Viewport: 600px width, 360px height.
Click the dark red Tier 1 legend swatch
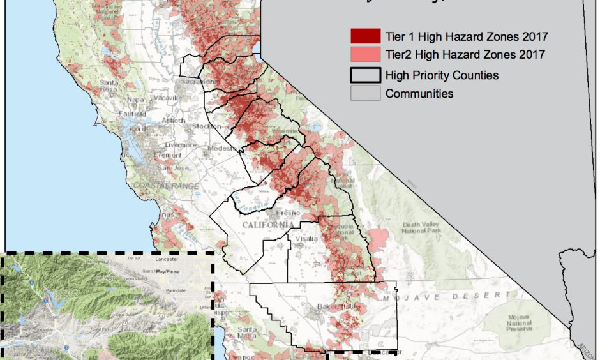(361, 36)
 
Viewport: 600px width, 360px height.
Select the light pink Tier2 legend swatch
(361, 54)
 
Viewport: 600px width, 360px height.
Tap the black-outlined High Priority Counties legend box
(361, 75)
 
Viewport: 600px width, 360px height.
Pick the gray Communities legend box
(361, 93)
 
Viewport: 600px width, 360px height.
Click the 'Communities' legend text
(419, 94)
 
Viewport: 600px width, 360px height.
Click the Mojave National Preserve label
(522, 323)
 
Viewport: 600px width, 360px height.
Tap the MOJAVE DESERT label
(446, 297)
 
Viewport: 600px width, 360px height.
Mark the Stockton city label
(205, 126)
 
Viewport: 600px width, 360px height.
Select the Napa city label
(135, 100)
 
